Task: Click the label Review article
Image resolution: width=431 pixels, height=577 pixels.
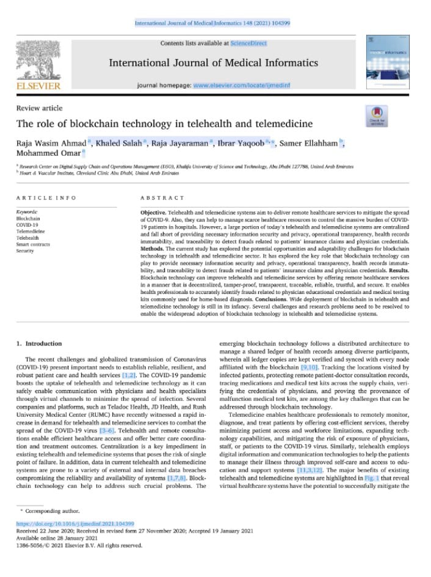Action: click(40, 108)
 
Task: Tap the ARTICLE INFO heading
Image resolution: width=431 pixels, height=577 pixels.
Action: click(46, 199)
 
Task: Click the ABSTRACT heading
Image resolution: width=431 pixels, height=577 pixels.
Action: click(162, 199)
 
